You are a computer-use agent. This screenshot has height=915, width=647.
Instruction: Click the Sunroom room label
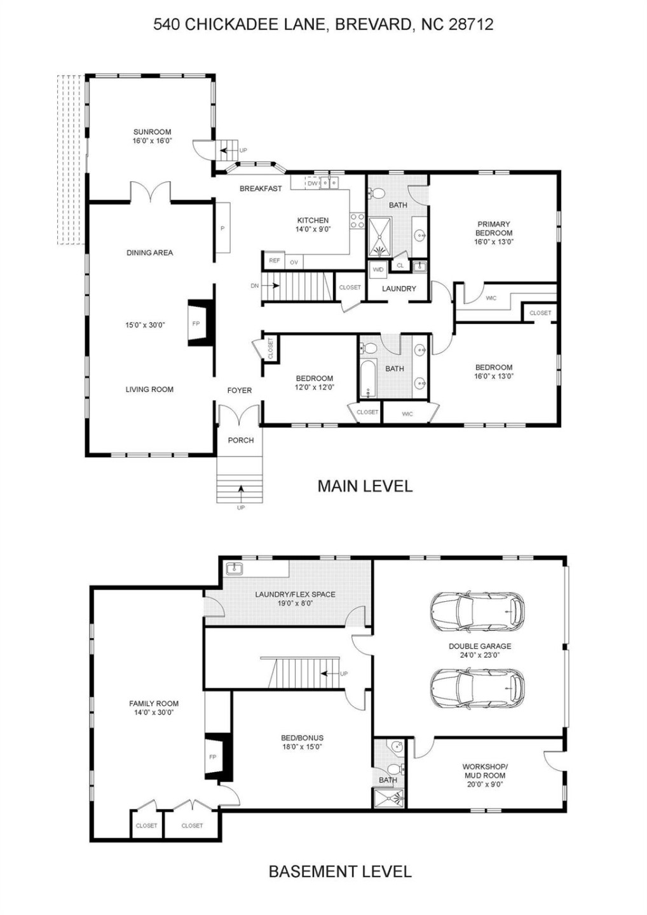pos(152,132)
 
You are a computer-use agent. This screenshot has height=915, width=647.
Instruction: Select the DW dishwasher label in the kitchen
pos(312,184)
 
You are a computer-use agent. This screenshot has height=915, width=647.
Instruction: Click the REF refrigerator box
pos(274,261)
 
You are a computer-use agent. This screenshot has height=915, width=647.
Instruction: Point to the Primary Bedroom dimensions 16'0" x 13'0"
pos(494,242)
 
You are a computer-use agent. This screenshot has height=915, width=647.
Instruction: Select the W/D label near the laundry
pos(378,269)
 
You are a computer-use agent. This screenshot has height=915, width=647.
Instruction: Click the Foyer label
pos(240,391)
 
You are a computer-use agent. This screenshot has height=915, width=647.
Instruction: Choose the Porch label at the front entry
pos(241,440)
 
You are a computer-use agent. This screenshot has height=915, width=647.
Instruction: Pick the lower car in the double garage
pos(477,688)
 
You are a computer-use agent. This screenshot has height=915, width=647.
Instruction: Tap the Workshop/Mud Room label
pos(485,771)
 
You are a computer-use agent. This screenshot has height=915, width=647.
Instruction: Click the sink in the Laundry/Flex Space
pos(235,567)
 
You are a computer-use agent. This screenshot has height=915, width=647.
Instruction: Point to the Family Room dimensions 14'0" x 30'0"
pos(154,713)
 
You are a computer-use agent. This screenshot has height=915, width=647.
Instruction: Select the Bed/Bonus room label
pos(302,738)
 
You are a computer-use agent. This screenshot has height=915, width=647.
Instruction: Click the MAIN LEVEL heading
pos(365,486)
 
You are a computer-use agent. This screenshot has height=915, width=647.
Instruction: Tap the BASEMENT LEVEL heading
pos(340,872)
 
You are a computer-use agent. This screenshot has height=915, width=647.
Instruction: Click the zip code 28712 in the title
pos(471,25)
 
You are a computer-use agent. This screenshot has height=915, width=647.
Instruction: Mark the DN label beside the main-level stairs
pos(255,286)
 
